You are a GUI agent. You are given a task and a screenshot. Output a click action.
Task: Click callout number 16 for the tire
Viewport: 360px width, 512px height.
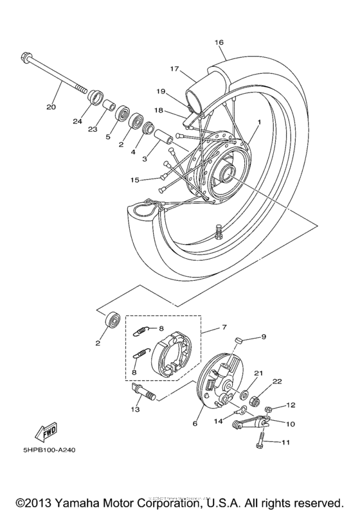[x=219, y=42]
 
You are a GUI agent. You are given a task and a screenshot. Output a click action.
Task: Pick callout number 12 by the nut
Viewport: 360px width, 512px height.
[x=291, y=405]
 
